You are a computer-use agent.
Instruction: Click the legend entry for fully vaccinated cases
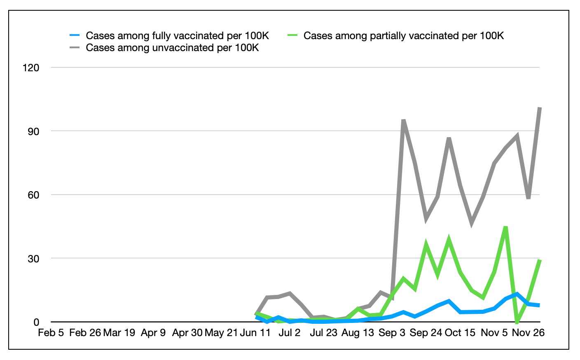point(177,36)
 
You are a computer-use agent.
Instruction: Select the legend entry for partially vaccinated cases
point(403,36)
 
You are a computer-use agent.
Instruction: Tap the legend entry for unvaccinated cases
point(172,48)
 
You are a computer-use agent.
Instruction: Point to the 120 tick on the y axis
point(31,68)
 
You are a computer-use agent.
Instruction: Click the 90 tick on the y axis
point(33,131)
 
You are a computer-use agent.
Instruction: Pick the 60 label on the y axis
point(33,195)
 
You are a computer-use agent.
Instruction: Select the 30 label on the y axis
point(33,259)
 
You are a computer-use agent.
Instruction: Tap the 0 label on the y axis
point(36,322)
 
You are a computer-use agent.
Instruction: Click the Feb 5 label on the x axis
point(51,333)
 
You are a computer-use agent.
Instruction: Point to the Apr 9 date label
point(153,333)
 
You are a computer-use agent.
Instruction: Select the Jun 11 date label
point(255,333)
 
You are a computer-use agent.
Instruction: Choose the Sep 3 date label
point(392,333)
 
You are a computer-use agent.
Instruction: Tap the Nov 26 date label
point(528,333)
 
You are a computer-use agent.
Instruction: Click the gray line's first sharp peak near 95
point(404,120)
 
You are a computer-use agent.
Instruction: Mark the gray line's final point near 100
point(540,108)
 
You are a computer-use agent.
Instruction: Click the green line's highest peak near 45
point(505,227)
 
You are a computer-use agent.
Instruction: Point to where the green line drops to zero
point(517,322)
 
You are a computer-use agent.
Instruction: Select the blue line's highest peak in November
point(517,294)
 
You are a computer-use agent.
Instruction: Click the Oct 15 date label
point(460,333)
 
